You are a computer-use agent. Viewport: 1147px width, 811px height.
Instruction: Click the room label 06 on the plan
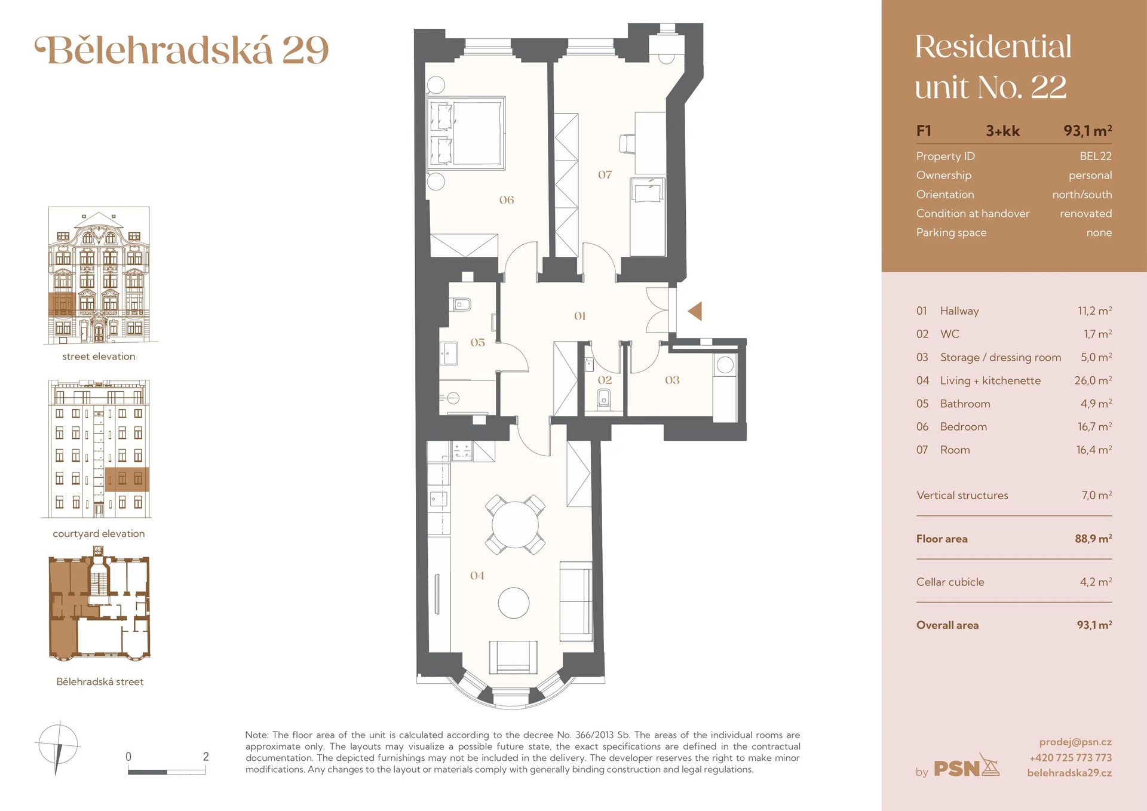[507, 200]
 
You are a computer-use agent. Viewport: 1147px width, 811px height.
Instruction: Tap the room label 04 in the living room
[477, 576]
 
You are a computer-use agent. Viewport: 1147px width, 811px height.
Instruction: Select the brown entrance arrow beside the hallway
[695, 311]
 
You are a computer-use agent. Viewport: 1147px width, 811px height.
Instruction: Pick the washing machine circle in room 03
[725, 365]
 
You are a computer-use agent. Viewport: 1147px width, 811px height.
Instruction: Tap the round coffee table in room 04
[514, 603]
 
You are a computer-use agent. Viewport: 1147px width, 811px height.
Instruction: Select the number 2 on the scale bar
[206, 757]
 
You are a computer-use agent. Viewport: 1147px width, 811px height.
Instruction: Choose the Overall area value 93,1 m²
[1094, 625]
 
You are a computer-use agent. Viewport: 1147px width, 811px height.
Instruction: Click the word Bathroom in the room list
[965, 404]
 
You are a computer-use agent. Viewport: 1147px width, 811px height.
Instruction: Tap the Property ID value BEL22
[1095, 156]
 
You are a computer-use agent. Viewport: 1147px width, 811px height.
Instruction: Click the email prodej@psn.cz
[1075, 742]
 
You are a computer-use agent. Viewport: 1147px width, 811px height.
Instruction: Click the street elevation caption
[99, 357]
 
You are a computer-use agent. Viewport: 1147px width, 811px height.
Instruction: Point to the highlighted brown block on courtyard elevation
[127, 479]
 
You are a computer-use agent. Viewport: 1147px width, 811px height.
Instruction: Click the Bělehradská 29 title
[182, 50]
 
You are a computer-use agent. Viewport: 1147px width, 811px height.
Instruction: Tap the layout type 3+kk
[1002, 131]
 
